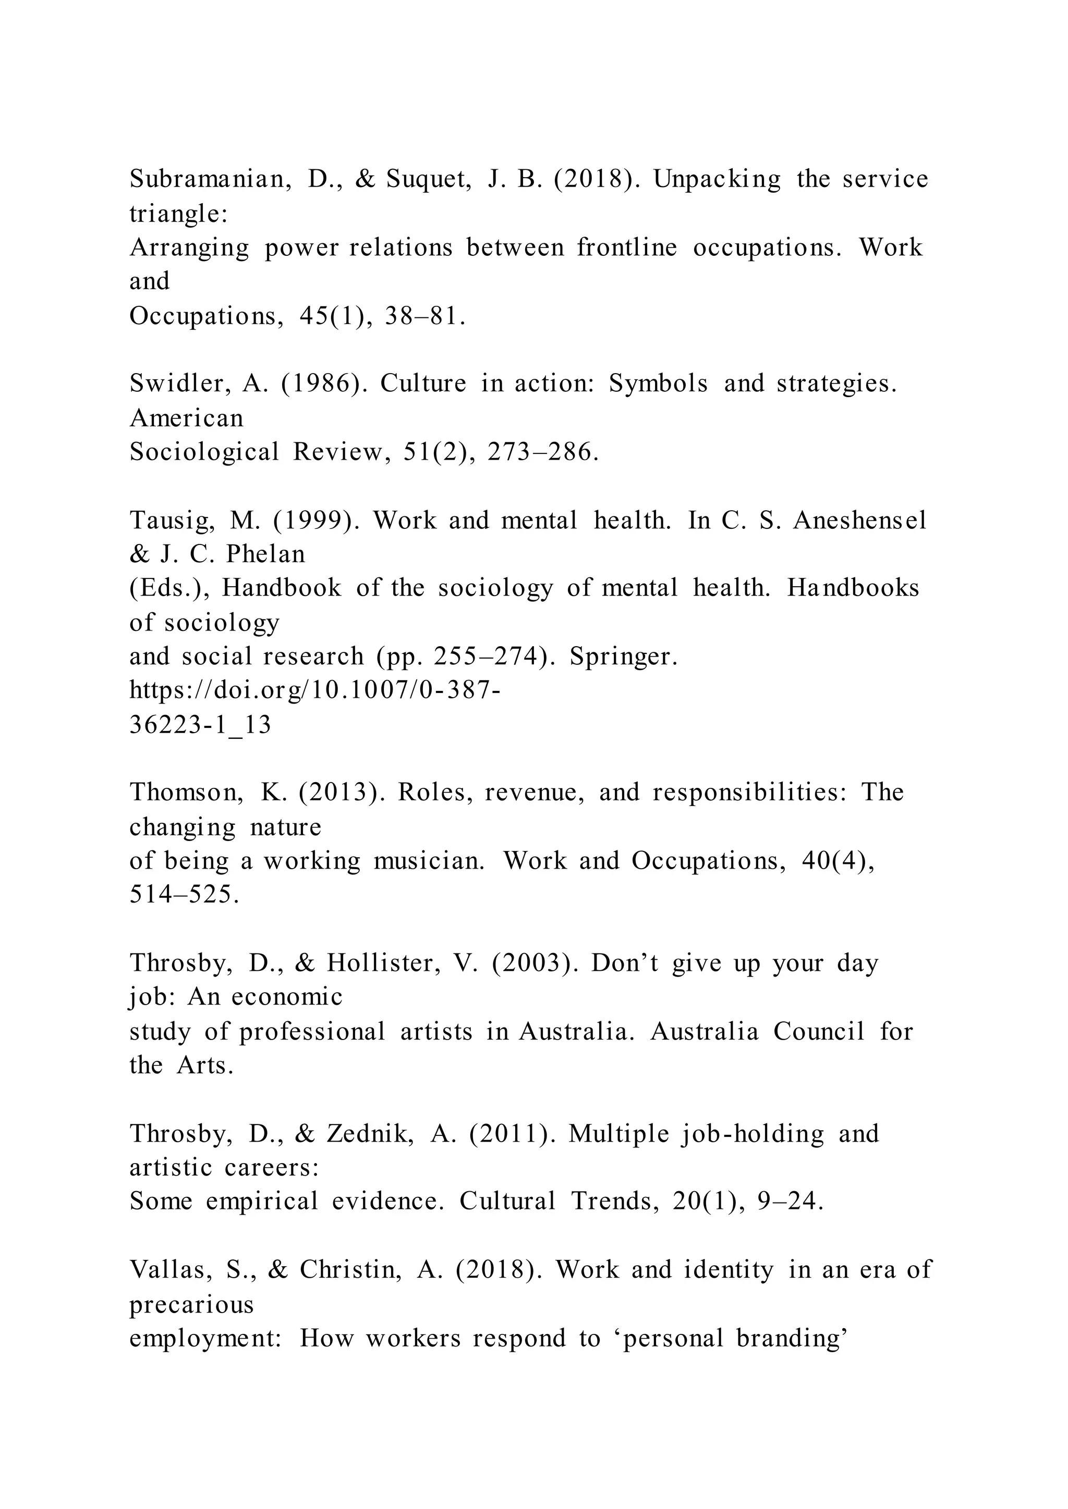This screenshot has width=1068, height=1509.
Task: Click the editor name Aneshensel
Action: pos(860,521)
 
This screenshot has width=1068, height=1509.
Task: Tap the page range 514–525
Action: pos(184,895)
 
